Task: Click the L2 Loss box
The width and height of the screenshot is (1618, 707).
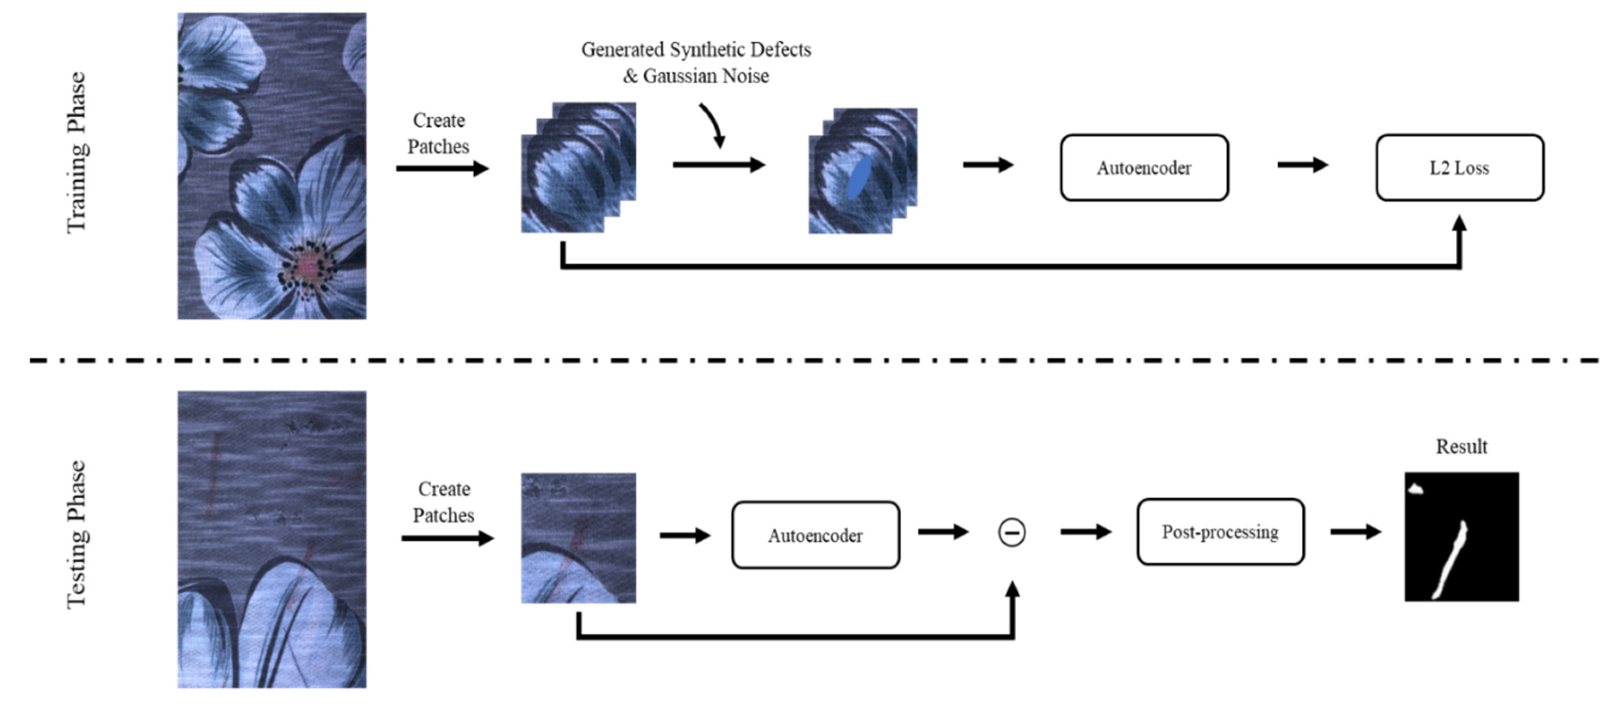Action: coord(1459,168)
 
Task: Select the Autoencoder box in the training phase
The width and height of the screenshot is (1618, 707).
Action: coord(1144,168)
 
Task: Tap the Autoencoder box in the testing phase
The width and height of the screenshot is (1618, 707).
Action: coord(815,536)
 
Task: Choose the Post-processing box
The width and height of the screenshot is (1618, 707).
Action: coord(1220,532)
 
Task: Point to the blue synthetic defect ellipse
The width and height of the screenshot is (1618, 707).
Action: coord(859,178)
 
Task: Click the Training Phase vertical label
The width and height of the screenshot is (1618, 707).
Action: coord(76,153)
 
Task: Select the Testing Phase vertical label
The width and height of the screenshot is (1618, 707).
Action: coord(76,534)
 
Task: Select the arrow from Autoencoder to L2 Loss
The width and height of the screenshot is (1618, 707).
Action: coord(1302,165)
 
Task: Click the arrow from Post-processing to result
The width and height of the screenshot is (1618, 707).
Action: coord(1355,532)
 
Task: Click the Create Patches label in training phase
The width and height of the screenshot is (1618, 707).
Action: coord(438,133)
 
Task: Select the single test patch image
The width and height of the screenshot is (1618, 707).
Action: coord(578,539)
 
